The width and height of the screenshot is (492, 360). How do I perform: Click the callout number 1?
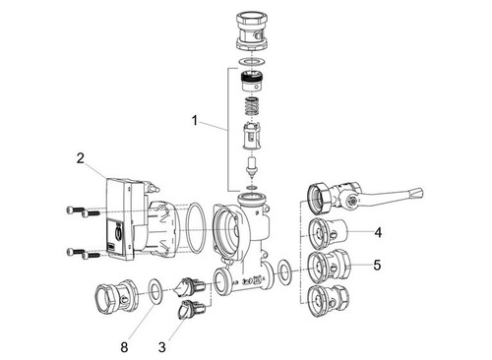(x=195, y=121)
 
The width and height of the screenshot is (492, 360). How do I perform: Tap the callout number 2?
(x=81, y=158)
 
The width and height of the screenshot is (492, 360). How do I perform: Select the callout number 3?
(x=162, y=347)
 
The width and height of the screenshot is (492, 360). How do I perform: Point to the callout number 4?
(x=378, y=232)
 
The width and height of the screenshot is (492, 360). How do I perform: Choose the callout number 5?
(x=378, y=265)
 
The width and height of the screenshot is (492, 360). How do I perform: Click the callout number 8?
(x=124, y=347)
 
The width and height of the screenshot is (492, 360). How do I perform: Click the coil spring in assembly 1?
(x=251, y=106)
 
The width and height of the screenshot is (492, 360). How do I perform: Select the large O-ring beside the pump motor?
(x=196, y=228)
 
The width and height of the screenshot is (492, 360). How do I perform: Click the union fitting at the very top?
(x=252, y=32)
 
